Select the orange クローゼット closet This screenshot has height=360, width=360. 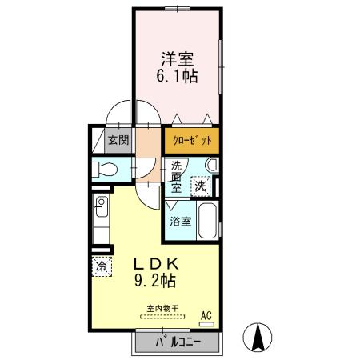193,140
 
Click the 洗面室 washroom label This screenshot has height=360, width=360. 176,177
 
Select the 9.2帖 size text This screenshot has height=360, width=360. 154,282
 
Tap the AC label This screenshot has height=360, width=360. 206,314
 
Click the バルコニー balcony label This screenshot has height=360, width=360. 178,342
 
